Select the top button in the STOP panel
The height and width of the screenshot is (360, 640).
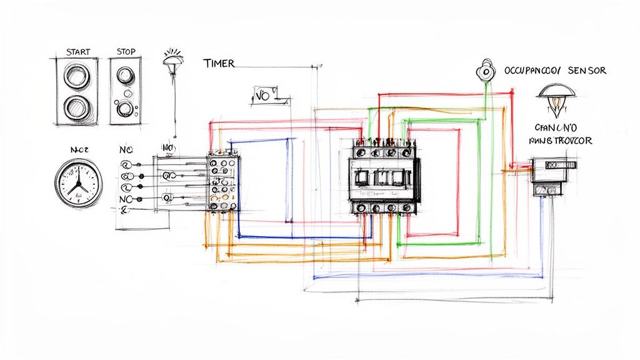(x=126, y=74)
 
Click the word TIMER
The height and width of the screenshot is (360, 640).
(x=219, y=63)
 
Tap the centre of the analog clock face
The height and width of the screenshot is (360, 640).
(x=77, y=182)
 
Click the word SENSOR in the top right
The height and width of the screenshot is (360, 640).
(x=587, y=71)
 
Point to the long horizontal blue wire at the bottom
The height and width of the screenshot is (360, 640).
(x=425, y=276)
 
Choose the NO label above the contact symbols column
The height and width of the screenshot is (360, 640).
(x=126, y=151)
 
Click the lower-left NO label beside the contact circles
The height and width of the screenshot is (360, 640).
(x=126, y=199)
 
